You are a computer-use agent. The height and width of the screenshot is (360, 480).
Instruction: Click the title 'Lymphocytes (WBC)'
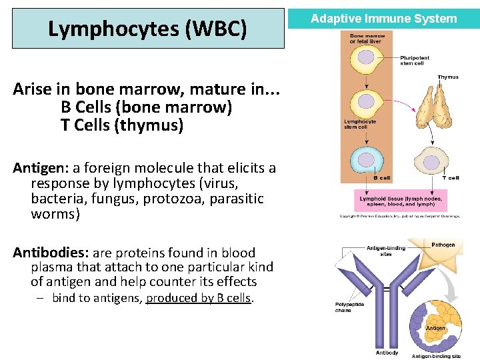click(x=147, y=29)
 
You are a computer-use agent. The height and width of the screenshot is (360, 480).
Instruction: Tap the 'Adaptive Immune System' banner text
click(x=384, y=19)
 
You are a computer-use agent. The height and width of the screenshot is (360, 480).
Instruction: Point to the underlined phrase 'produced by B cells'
click(x=199, y=298)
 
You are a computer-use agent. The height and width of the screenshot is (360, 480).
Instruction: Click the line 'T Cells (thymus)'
click(x=122, y=125)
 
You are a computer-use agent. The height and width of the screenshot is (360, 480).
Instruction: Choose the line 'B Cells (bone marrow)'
click(x=146, y=107)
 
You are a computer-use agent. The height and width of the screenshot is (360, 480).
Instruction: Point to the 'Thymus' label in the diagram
click(x=447, y=77)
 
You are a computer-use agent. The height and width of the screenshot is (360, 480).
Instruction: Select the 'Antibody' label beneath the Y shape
click(x=387, y=352)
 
